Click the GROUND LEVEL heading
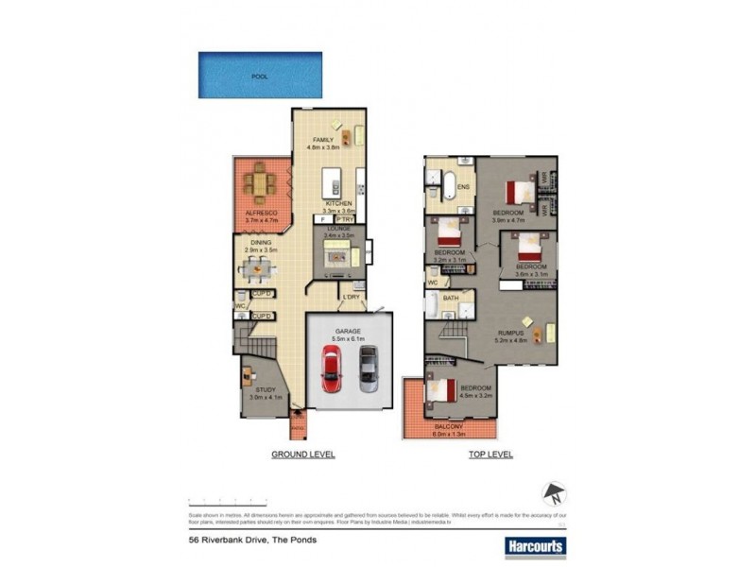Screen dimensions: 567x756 302,455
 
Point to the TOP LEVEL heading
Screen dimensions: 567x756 490,455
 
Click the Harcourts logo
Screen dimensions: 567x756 531,545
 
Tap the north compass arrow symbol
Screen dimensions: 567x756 554,493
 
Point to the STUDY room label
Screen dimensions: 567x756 266,389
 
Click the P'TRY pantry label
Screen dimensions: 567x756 344,218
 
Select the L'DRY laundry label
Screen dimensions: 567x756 352,298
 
